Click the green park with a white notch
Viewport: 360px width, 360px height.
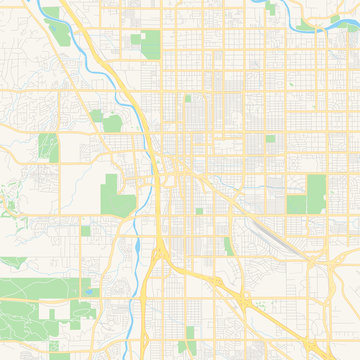[147, 43]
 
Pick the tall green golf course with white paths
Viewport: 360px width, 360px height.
[48, 147]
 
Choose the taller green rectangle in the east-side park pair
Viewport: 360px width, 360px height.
[316, 194]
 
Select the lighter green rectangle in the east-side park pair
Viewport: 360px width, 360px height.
[296, 204]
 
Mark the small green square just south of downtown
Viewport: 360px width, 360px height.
[199, 211]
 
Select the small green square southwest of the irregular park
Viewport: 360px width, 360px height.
[86, 230]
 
